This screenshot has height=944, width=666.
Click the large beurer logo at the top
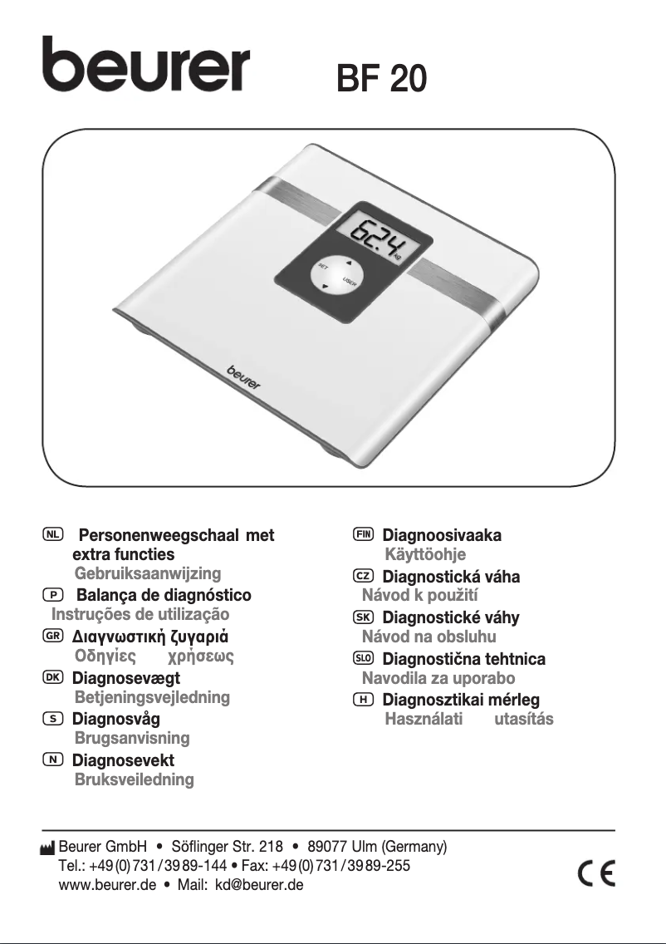145,65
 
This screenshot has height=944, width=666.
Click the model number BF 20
381,78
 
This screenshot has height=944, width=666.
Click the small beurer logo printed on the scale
244,376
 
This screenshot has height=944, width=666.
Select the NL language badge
53,534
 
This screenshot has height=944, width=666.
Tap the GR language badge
53,635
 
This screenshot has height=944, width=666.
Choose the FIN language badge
363,534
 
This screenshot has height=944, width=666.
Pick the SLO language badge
363,658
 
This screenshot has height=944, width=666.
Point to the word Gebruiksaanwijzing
147,573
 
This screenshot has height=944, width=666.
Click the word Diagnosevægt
125,678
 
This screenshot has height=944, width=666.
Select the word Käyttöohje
424,554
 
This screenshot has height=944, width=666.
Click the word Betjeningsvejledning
152,697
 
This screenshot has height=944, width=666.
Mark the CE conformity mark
596,874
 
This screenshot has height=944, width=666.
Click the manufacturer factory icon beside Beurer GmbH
47,848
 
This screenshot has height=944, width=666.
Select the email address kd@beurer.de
259,885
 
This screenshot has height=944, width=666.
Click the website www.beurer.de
107,885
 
